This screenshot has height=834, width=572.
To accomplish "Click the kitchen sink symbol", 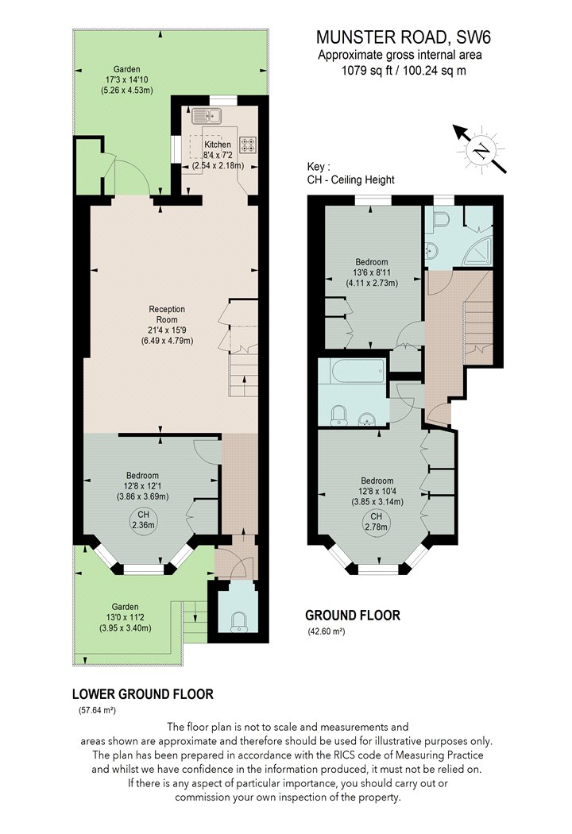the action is tap(207, 115).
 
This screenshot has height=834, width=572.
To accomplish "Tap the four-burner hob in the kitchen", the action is tap(248, 145).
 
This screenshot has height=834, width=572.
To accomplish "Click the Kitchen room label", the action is tap(218, 144).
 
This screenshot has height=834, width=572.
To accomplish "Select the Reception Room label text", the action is tap(167, 315).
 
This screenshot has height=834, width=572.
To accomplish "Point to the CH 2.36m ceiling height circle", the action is tap(143, 519).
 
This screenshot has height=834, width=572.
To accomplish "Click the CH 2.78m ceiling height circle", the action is tap(377, 522).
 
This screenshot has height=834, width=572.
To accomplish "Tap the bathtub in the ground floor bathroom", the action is tap(352, 371).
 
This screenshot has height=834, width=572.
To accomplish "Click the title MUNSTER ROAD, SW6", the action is tap(403, 37).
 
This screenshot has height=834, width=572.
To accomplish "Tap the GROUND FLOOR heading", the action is tap(352, 616).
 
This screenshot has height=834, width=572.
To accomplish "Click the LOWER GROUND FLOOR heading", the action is tap(142, 694).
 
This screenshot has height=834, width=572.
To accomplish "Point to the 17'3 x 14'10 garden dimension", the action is tap(126, 79).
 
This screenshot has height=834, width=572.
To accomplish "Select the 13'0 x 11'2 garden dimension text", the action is tap(125, 617).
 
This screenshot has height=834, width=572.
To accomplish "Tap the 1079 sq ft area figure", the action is tap(366, 70).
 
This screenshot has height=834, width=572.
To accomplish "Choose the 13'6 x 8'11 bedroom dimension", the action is tap(372, 273).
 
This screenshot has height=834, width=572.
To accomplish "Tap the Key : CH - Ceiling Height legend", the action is tap(350, 173).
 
